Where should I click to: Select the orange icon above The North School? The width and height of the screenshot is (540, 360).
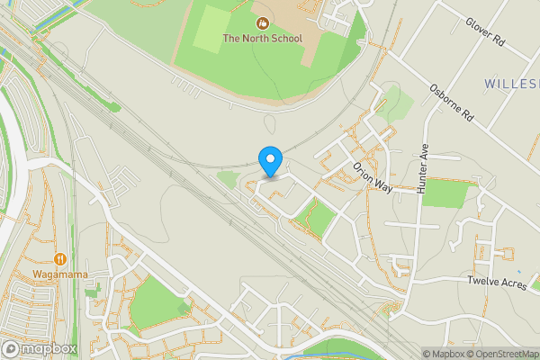[x=261, y=22]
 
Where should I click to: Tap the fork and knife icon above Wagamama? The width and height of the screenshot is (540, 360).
[x=59, y=258]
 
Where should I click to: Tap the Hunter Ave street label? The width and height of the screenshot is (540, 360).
[x=426, y=169]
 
